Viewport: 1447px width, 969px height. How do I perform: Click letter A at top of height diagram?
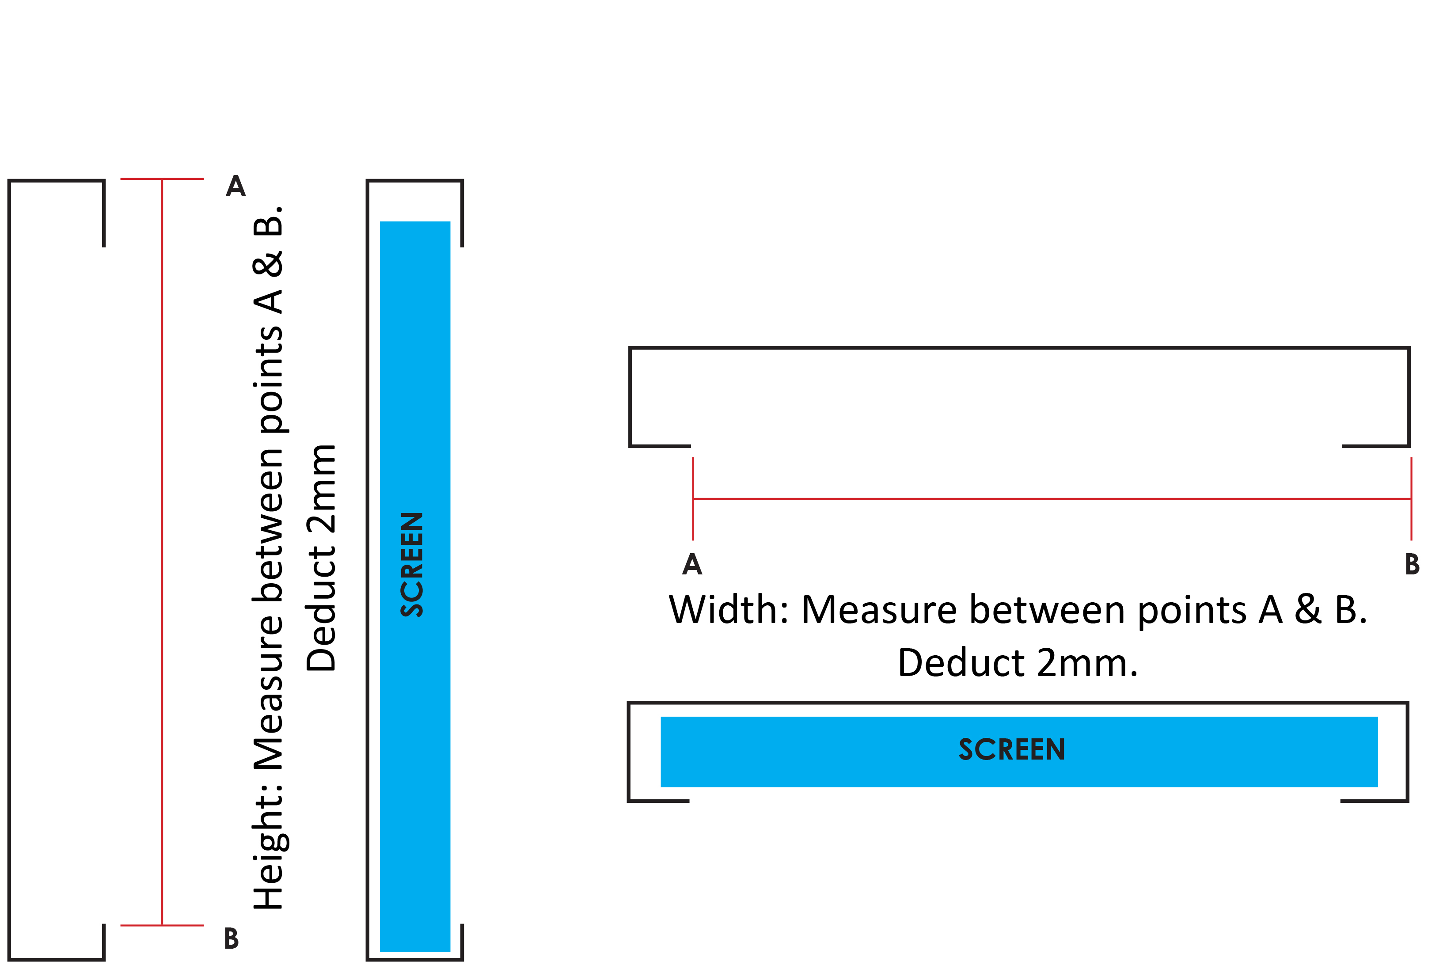coord(235,186)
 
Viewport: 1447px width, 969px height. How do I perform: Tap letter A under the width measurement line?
coord(692,564)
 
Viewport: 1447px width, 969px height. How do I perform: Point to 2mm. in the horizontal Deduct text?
coord(1087,663)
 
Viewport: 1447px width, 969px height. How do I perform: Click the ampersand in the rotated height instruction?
coord(269,263)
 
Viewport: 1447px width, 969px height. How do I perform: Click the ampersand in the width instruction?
coord(1307,610)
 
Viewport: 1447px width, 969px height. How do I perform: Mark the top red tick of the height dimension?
coord(162,179)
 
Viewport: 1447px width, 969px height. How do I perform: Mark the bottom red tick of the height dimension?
coord(162,925)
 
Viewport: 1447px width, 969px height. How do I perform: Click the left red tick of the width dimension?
coord(693,498)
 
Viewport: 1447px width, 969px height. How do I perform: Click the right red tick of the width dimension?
coord(1411,498)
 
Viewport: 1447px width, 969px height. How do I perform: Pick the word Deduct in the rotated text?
coord(321,609)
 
